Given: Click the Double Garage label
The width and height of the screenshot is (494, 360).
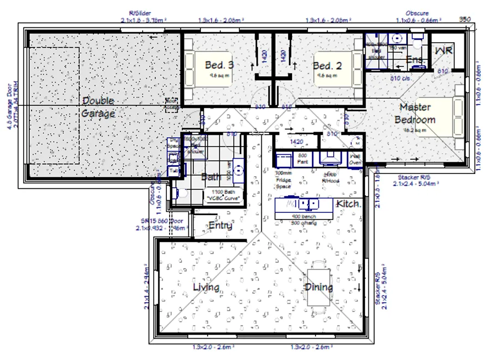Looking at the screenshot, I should [99, 108].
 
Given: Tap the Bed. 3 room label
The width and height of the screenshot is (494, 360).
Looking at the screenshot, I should [220, 65].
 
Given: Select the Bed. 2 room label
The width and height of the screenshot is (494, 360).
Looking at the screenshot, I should [327, 66].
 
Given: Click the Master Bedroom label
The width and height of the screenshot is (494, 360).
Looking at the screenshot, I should [416, 114].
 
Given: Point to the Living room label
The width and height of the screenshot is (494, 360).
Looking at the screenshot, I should [206, 287].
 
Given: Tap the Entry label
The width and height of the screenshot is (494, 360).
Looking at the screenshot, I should [220, 226].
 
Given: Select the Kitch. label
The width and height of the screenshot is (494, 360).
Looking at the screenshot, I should [349, 204].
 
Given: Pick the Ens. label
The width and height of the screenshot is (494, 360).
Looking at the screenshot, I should [414, 59].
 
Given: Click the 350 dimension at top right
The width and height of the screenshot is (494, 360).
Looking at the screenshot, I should [464, 19].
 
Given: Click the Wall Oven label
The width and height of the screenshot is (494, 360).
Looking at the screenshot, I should [355, 159].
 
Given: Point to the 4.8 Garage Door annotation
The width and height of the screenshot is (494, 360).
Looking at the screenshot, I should [12, 110].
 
